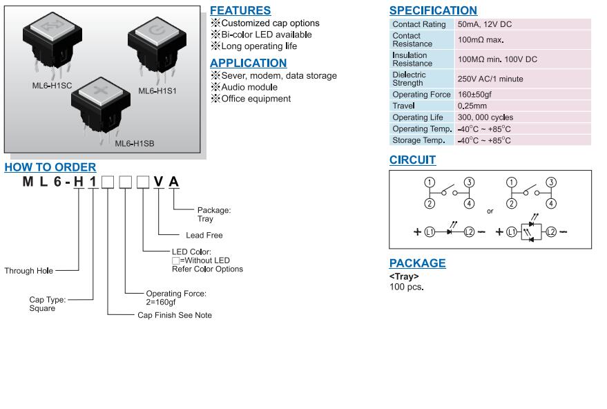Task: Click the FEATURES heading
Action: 240,10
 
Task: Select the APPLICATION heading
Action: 248,63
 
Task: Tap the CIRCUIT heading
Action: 412,160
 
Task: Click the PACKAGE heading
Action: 417,263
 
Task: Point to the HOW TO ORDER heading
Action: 50,167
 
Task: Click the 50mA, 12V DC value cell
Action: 485,24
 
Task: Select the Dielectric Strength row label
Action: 409,79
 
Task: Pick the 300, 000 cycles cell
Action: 485,117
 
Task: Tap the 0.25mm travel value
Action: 472,106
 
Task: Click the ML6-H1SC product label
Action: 52,85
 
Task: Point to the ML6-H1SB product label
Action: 134,143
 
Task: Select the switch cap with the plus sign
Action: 101,97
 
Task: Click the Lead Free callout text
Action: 204,235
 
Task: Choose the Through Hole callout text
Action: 28,271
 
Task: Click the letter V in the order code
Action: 158,182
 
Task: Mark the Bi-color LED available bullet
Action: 266,35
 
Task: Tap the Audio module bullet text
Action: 249,87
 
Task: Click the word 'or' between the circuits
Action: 490,211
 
